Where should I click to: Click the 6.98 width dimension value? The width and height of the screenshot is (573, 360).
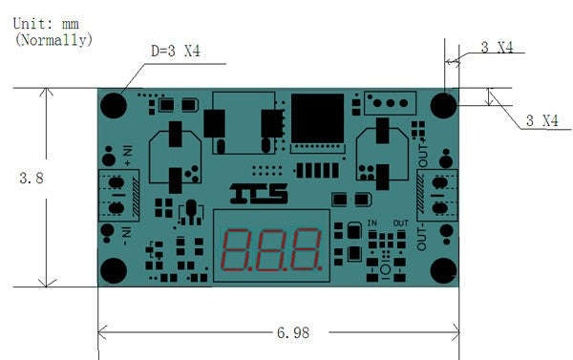[294, 333]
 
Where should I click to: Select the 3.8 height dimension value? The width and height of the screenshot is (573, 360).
[33, 178]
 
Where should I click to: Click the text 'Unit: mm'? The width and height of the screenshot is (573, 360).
[46, 23]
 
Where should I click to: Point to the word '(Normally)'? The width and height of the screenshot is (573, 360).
[53, 40]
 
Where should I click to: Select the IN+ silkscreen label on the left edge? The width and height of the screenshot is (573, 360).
[125, 152]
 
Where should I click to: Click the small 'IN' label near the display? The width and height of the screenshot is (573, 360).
[372, 222]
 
